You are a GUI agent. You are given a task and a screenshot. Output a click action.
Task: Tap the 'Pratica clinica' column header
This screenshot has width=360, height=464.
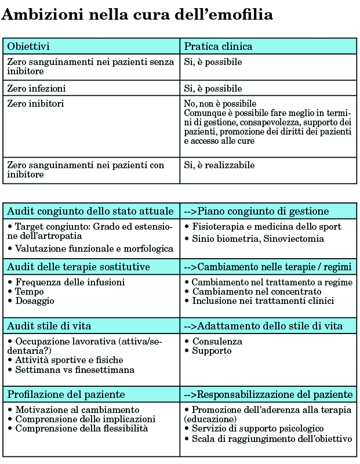pyautogui.click(x=218, y=46)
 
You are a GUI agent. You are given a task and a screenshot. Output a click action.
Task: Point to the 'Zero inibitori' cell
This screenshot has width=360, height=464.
pyautogui.click(x=35, y=104)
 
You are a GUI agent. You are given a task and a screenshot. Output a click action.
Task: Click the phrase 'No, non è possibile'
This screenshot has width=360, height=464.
pyautogui.click(x=220, y=104)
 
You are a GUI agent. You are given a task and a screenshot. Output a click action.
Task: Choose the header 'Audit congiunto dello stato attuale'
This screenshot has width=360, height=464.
pyautogui.click(x=90, y=211)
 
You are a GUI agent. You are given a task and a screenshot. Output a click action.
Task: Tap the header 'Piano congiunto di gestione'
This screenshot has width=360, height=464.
pyautogui.click(x=264, y=211)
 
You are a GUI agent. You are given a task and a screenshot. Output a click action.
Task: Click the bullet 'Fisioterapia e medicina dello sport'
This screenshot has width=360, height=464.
pyautogui.click(x=267, y=227)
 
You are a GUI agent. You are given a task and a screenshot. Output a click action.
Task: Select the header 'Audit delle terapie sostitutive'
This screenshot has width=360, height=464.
pyautogui.click(x=78, y=267)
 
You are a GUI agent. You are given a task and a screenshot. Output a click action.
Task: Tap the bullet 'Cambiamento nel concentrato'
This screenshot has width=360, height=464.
pyautogui.click(x=250, y=291)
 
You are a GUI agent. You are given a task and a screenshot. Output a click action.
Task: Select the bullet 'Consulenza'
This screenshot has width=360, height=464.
pyautogui.click(x=217, y=342)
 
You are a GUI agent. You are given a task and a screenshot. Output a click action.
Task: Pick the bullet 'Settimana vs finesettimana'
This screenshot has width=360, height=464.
pyautogui.click(x=75, y=369)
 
